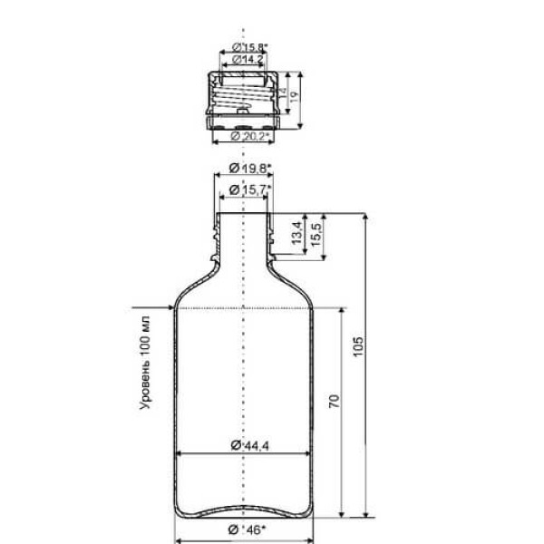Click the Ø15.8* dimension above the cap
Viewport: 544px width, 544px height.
pyautogui.click(x=250, y=46)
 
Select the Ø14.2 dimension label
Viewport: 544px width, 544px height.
pyautogui.click(x=248, y=60)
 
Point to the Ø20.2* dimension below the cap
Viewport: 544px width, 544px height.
pyautogui.click(x=250, y=136)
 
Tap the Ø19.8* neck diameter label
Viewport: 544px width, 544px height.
pyautogui.click(x=250, y=169)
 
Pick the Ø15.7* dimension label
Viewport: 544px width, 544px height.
pyautogui.click(x=250, y=189)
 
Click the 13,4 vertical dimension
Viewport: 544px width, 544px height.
pyautogui.click(x=296, y=233)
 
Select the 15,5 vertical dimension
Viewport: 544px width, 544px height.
pyautogui.click(x=316, y=235)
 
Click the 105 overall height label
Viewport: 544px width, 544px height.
pyautogui.click(x=358, y=346)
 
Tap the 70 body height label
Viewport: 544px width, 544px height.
pyautogui.click(x=334, y=401)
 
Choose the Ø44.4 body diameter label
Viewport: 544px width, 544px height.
pyautogui.click(x=250, y=445)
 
